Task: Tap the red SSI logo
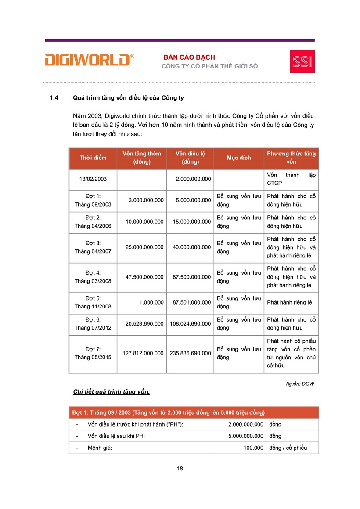coord(302,61)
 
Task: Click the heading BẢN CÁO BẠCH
coord(189,57)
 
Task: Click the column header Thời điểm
coord(93,158)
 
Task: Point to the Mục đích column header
coord(239,158)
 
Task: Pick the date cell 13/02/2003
coord(93,179)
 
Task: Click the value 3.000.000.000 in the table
coord(146,200)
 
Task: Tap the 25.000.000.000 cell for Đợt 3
coord(144,247)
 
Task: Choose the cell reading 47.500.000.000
coord(144,277)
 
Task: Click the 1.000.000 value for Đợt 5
coord(151,302)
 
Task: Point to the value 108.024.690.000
coord(191,324)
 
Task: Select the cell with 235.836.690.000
coord(191,353)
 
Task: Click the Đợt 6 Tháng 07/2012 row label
coord(93,324)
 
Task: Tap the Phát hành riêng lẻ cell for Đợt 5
coord(289,302)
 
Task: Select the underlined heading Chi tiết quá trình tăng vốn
coord(112,391)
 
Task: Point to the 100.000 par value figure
coord(253,448)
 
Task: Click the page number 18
coord(180,468)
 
